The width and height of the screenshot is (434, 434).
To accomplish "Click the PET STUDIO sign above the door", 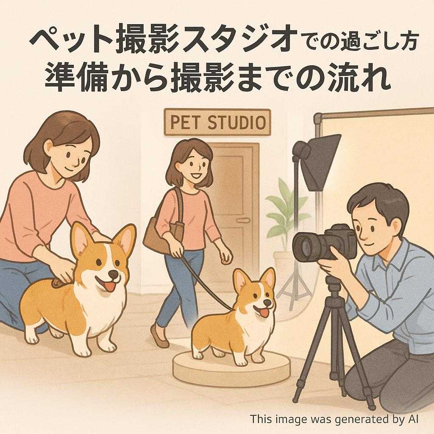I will (x=217, y=122).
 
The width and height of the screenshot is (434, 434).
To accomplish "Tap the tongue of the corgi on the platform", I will (x=264, y=313).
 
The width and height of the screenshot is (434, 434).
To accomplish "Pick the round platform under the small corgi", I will (x=231, y=367).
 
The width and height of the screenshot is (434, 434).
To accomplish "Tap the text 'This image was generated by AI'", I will (x=334, y=419).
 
